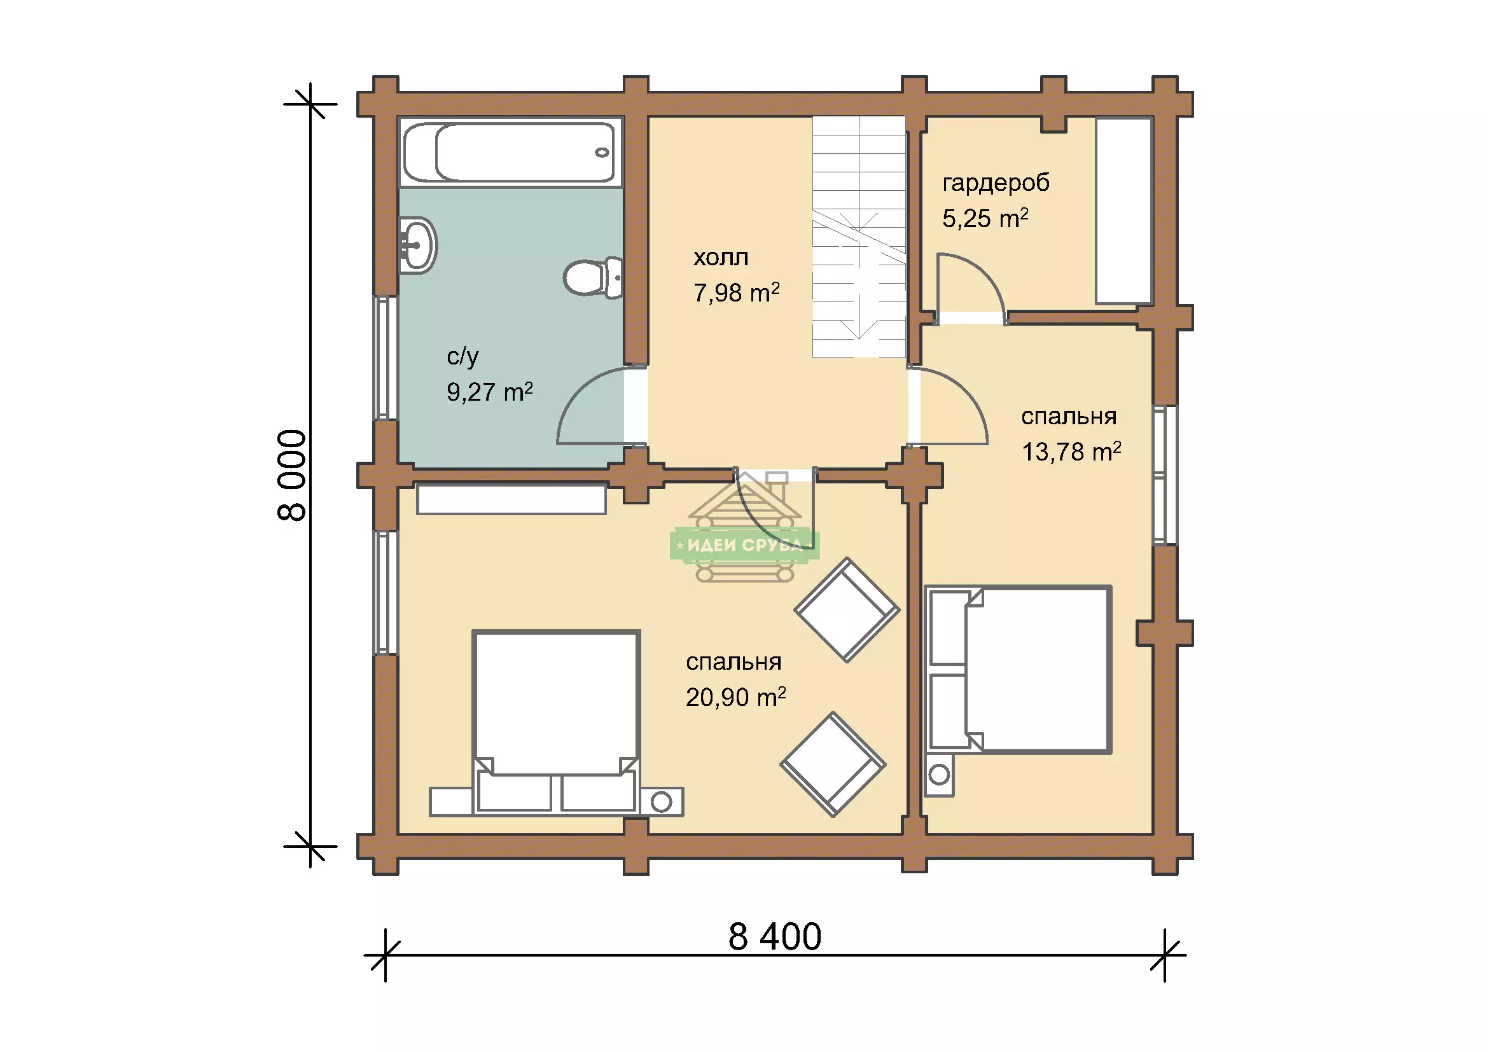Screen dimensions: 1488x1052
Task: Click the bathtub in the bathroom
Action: [511, 153]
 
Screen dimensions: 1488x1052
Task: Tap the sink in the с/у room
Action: [417, 246]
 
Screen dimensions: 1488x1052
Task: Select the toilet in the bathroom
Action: [593, 278]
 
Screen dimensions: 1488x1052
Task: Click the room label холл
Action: [721, 258]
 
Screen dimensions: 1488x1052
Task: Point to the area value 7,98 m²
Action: [736, 293]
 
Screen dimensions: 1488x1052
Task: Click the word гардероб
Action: [996, 183]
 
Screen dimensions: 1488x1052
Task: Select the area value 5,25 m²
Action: [985, 218]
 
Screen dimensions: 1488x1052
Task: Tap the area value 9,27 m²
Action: [489, 391]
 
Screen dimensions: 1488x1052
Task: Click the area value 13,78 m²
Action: [1071, 452]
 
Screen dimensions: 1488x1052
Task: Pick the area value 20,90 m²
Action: [735, 697]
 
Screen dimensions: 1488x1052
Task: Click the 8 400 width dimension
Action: [774, 937]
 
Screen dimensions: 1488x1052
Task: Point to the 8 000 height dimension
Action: [291, 475]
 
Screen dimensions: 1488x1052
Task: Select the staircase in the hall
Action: [859, 237]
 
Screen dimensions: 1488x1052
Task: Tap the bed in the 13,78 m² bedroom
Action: [1018, 670]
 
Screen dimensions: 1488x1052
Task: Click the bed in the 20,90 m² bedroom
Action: [556, 722]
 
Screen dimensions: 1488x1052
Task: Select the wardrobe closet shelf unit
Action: [1123, 211]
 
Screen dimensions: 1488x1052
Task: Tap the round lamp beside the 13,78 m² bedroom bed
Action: [939, 774]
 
